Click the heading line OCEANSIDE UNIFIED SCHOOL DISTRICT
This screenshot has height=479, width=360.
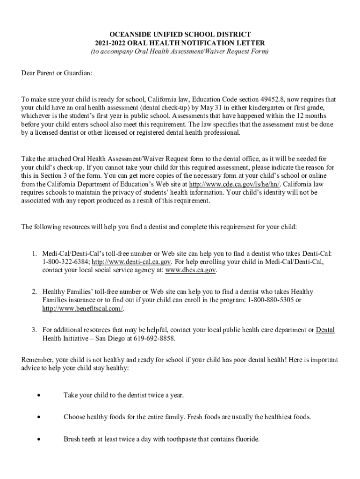coord(180,35)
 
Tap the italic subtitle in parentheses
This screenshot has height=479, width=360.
coord(180,51)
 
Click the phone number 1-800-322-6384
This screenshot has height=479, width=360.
coord(65,262)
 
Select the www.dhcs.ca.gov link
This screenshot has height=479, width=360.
coord(191,270)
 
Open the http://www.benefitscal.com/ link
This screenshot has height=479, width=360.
coord(83,309)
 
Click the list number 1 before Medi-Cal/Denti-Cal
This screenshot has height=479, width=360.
coord(34,254)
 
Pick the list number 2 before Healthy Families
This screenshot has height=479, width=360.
coord(34,291)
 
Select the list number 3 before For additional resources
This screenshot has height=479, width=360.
coord(34,330)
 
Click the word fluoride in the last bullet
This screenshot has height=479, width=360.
coord(246,439)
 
